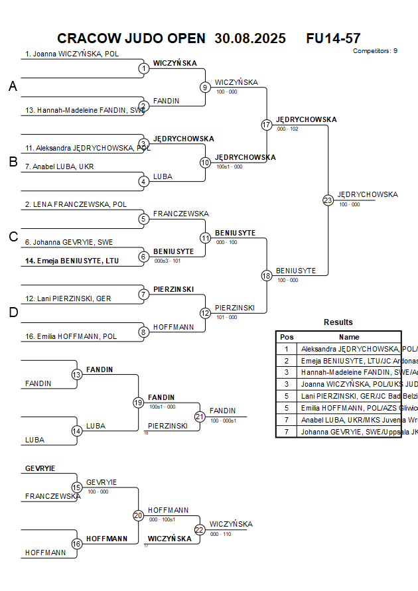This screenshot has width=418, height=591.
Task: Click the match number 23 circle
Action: pyautogui.click(x=328, y=200)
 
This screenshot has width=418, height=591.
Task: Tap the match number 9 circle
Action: pyautogui.click(x=205, y=87)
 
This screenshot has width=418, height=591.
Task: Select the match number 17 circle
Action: pyautogui.click(x=267, y=125)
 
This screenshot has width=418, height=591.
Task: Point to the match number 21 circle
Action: pyautogui.click(x=200, y=417)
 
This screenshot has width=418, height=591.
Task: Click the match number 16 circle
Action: pyautogui.click(x=76, y=543)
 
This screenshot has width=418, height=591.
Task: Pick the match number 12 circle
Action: pyautogui.click(x=205, y=313)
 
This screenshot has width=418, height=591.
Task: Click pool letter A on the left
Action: pyautogui.click(x=13, y=86)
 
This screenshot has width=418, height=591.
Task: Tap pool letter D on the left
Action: pyautogui.click(x=13, y=313)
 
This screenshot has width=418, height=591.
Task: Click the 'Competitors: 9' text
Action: pyautogui.click(x=375, y=51)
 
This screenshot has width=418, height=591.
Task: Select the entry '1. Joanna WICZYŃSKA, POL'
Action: pyautogui.click(x=72, y=54)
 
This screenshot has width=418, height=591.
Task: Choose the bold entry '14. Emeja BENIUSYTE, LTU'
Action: pyautogui.click(x=72, y=261)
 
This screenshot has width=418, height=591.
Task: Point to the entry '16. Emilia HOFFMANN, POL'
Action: pyautogui.click(x=71, y=336)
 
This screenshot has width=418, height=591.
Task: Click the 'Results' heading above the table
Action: pyautogui.click(x=338, y=322)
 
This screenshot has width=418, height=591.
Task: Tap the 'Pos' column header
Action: pyautogui.click(x=287, y=337)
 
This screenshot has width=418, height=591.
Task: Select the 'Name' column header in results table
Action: pyautogui.click(x=349, y=337)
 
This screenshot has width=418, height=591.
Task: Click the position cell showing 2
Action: pyautogui.click(x=287, y=360)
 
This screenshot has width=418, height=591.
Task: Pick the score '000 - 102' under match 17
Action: pyautogui.click(x=288, y=129)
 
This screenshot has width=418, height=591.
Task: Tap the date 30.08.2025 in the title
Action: pyautogui.click(x=250, y=38)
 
